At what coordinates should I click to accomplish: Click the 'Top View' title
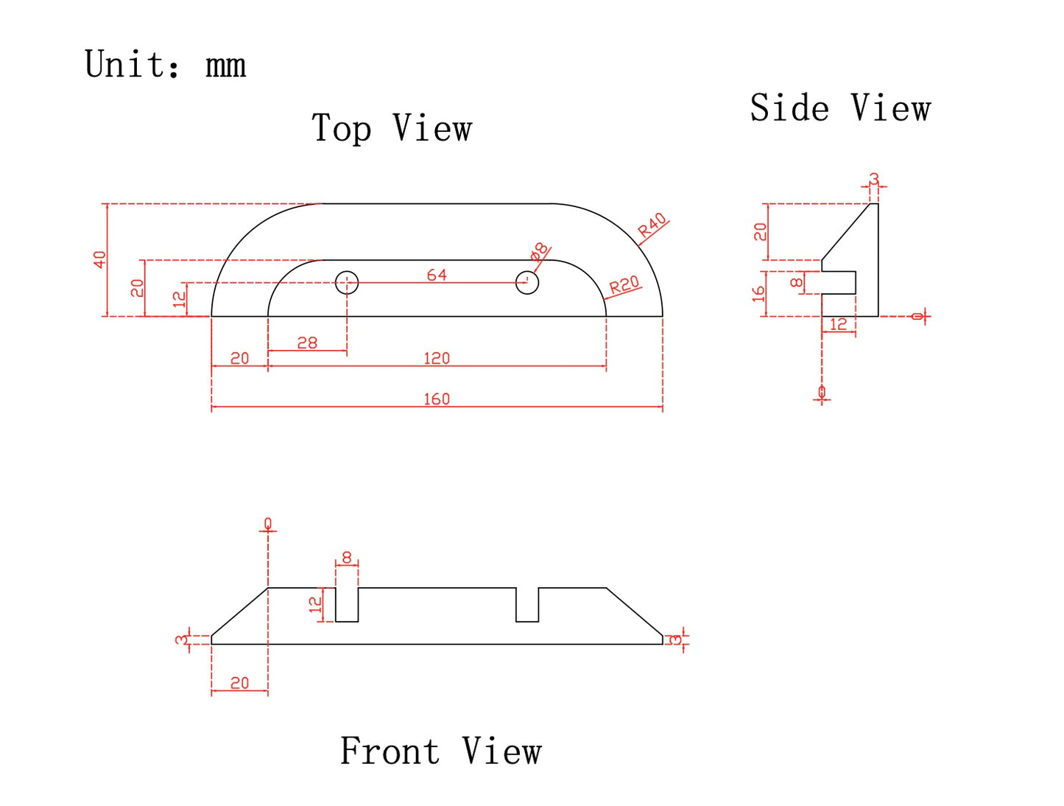392,128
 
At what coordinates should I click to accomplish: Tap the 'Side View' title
840,108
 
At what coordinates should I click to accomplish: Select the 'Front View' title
440,751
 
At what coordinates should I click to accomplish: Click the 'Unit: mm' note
165,65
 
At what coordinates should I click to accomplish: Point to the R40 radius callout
652,225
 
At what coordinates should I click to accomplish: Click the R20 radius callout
624,285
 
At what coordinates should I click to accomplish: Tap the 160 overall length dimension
437,399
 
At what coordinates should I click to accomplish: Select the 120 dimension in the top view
437,359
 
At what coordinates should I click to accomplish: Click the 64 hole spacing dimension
437,275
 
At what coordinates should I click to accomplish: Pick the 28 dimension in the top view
307,343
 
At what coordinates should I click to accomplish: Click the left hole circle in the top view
347,282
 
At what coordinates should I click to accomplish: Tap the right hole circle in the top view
527,282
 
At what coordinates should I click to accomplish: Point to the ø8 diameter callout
540,251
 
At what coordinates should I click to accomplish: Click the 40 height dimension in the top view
99,259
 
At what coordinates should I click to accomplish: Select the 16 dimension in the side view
758,294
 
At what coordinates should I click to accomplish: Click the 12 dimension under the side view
838,324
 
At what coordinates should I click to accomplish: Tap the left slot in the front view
347,605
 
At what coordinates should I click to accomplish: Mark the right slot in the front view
527,605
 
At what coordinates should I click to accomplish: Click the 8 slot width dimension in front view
347,558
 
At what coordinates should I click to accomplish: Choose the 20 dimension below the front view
239,684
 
